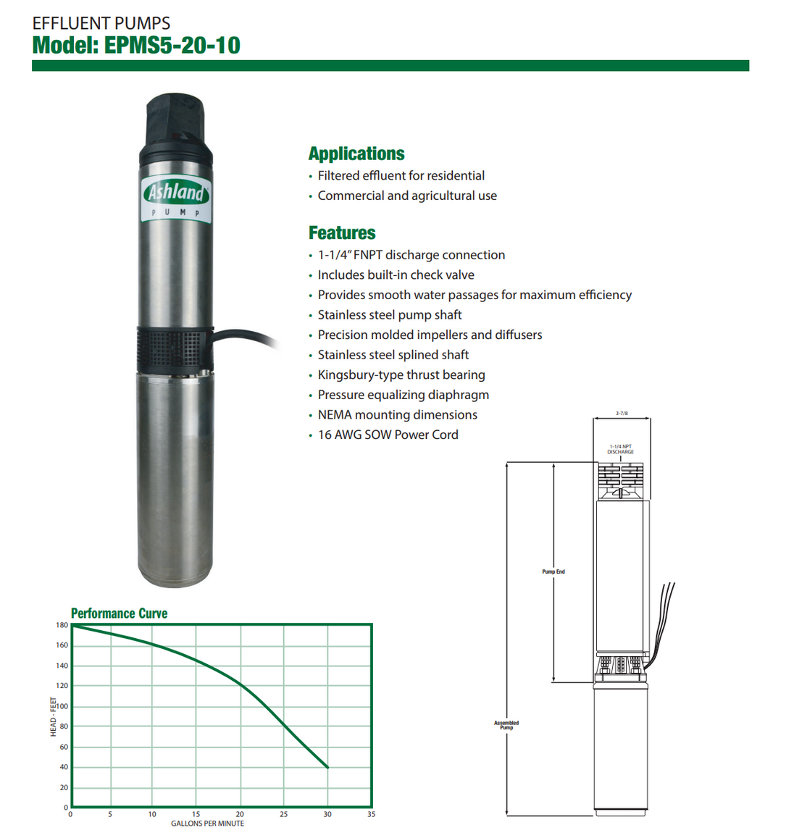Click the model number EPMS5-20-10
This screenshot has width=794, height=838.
point(172,45)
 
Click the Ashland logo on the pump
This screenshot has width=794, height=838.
point(176,193)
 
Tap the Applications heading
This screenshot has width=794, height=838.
point(356,154)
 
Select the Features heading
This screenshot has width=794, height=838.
point(342,233)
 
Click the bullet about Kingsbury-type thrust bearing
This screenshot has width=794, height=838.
point(401,375)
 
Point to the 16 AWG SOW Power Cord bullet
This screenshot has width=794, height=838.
point(388,435)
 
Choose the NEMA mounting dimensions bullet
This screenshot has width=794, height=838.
point(397,415)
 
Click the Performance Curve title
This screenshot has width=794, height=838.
point(119,613)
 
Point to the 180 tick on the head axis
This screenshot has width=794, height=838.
point(62,625)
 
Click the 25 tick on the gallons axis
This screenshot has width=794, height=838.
point(283,815)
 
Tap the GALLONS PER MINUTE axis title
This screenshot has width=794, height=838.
point(207,824)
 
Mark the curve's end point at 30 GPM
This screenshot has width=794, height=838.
point(327,767)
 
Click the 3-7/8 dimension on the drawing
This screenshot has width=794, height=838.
point(622,413)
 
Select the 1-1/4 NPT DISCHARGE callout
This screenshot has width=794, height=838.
point(620,450)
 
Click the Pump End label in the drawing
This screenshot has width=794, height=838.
point(553,572)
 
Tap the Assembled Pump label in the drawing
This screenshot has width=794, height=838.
point(506,725)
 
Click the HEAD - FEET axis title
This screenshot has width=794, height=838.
point(53,717)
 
